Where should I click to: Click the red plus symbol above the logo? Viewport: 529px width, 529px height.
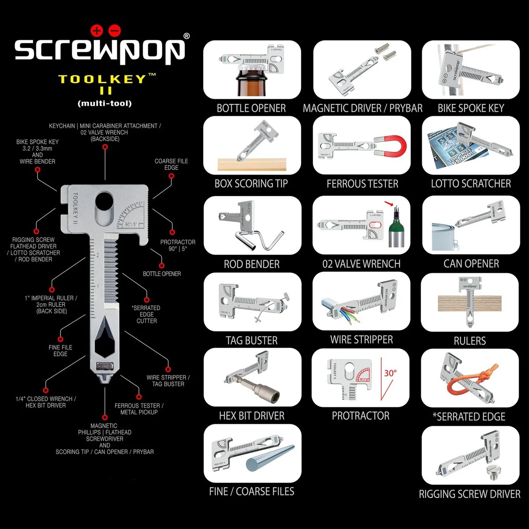point(97,30)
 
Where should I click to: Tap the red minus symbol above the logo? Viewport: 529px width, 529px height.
point(114,30)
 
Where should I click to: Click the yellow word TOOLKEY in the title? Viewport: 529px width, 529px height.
point(101,79)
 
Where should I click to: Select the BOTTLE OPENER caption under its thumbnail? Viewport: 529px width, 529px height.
point(251,108)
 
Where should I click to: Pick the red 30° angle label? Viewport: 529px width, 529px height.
point(390,373)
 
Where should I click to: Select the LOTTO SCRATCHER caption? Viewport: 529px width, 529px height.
point(471,183)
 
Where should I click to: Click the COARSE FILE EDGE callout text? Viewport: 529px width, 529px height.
point(171,164)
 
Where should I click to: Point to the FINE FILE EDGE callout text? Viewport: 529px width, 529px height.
point(60,350)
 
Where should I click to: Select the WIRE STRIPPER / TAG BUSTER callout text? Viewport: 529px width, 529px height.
point(168,380)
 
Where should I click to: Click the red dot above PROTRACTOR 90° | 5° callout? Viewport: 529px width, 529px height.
point(172,232)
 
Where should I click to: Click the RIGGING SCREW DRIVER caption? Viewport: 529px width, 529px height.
point(469,494)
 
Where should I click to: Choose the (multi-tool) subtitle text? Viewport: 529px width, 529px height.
point(104,104)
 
